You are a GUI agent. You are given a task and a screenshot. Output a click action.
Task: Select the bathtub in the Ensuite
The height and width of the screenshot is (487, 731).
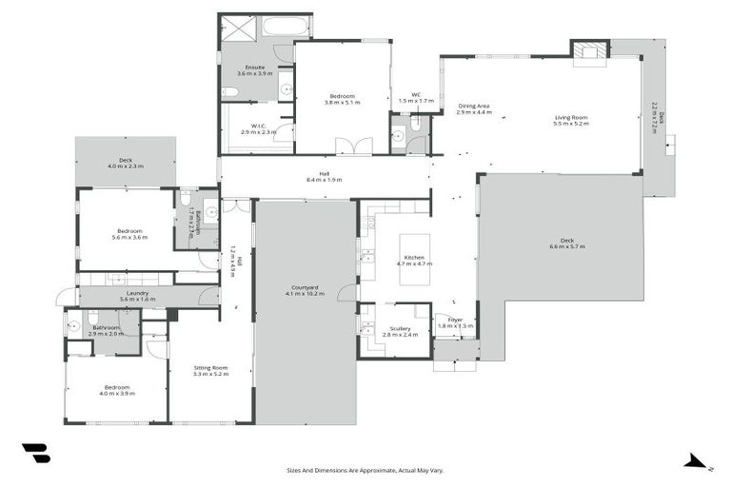(x=285, y=27)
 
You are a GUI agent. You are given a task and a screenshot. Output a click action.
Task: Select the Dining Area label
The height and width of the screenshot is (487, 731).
(x=473, y=107)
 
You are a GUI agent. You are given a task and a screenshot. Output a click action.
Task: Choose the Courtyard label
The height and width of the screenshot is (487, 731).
(x=305, y=287)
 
